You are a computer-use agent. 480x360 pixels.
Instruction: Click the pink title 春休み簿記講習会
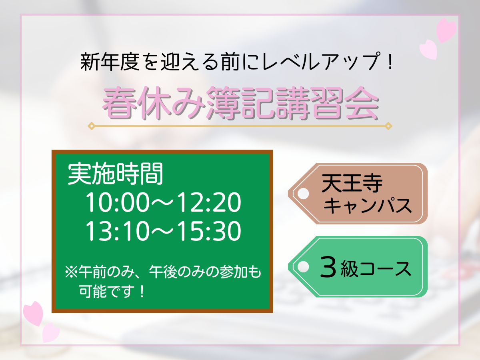click(240, 103)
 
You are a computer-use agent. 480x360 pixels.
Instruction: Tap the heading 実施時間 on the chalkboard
click(115, 174)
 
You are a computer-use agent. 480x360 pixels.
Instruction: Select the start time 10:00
click(118, 202)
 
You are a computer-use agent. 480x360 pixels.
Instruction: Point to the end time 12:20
click(209, 202)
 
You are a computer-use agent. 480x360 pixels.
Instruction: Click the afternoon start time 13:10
click(118, 231)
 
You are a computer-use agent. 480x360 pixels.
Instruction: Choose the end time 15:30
click(209, 231)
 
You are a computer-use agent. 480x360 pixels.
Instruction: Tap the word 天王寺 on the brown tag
click(352, 183)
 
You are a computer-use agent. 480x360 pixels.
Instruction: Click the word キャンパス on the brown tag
click(367, 206)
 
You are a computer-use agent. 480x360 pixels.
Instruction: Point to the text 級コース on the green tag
click(376, 269)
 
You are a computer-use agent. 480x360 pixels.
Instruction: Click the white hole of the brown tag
click(303, 194)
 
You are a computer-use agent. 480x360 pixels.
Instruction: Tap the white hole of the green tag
click(303, 267)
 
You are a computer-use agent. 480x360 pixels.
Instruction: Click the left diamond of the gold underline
click(92, 126)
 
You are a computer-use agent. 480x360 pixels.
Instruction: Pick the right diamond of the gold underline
click(388, 126)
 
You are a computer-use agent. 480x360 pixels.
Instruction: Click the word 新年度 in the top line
click(110, 62)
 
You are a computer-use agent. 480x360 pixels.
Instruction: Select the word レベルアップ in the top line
click(320, 62)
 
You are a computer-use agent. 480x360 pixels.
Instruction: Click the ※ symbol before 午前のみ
click(71, 272)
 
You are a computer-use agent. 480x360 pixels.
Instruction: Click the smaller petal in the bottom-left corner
click(51, 333)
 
